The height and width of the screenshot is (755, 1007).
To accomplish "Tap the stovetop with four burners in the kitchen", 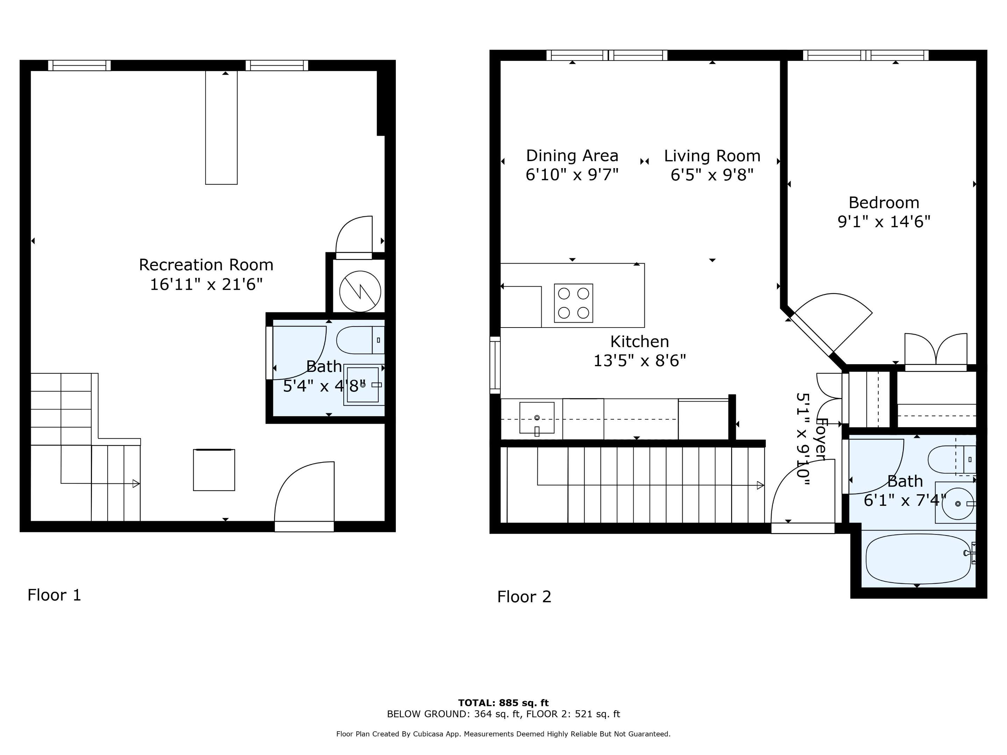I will coord(573,303).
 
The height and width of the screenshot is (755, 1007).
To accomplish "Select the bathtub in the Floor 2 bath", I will coord(917,559).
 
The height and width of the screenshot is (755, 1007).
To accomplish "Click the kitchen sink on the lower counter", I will coord(537,418).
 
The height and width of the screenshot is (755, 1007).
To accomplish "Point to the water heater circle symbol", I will coord(360,291).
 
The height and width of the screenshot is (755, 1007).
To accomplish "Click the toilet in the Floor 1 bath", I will coord(360,340).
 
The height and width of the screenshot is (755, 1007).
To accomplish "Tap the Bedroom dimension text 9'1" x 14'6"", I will coord(884,222).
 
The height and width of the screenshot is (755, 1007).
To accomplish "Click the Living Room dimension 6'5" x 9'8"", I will coord(712,175).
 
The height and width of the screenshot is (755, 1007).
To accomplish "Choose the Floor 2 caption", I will coord(524,597).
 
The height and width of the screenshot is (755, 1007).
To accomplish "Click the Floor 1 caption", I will coord(54,595).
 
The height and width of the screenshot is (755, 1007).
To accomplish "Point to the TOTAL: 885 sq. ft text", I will coord(503,703).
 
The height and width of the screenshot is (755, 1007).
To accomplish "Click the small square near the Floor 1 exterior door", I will coord(214,470).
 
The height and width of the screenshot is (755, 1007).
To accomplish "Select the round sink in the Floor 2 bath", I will coord(957,504).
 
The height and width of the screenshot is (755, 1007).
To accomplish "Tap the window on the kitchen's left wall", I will coord(495,365).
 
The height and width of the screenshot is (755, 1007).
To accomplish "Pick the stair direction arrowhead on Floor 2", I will coord(760,485).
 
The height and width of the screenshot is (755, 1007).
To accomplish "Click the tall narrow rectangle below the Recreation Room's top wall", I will coord(221,128).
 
